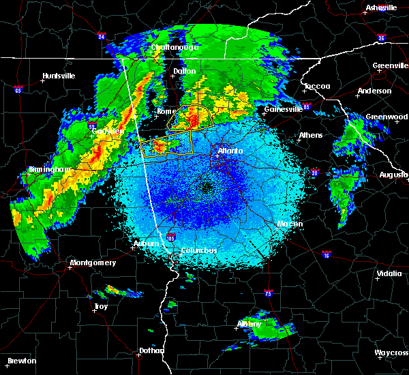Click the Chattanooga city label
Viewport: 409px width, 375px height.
tap(175, 48)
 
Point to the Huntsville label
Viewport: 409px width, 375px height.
tap(58, 76)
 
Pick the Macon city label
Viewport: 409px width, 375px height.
tap(290, 224)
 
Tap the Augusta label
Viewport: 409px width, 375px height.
tap(393, 175)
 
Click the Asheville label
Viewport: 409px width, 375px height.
tap(381, 7)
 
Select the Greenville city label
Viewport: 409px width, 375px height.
tap(391, 66)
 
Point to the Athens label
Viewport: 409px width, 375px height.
tap(311, 135)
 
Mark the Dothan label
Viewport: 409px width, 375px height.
tap(152, 350)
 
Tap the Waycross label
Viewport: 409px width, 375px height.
tap(392, 352)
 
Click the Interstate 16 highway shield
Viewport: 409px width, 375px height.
tap(327, 254)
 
